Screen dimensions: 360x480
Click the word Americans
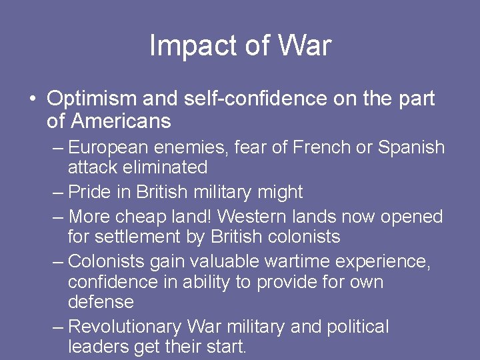120,121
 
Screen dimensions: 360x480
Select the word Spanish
411,147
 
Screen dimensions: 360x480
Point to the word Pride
90,193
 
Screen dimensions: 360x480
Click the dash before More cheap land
58,217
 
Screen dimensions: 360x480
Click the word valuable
212,262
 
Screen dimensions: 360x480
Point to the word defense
101,302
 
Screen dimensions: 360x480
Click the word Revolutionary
125,327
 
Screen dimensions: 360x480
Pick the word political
358,327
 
